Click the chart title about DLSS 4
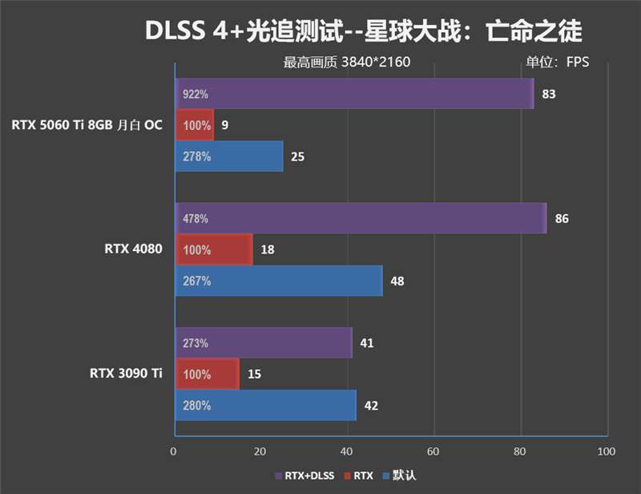[363, 31]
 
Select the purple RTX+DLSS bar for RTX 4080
[360, 218]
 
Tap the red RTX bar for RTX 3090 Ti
[206, 374]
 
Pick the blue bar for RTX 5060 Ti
[228, 156]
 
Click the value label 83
[549, 94]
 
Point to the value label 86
[562, 218]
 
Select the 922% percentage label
[196, 94]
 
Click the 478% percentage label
[196, 218]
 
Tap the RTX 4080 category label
[133, 249]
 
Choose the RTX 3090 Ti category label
[126, 373]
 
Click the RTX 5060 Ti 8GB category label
[87, 124]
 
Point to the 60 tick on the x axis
[433, 451]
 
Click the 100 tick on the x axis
[607, 451]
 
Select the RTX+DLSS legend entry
[307, 476]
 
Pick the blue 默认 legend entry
[401, 476]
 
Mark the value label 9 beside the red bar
[225, 125]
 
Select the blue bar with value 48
[278, 281]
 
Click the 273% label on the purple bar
[196, 342]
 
